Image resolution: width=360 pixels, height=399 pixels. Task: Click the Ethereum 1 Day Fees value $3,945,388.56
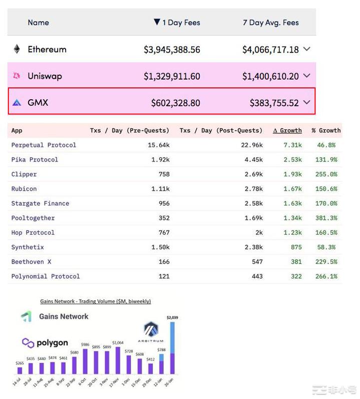(x=172, y=50)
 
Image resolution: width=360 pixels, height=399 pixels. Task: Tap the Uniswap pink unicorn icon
(x=17, y=76)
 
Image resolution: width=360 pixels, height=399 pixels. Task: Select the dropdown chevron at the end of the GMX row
(x=307, y=102)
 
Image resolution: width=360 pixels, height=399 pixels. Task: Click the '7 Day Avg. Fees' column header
(x=271, y=23)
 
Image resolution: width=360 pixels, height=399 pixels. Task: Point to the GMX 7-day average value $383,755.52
(x=274, y=103)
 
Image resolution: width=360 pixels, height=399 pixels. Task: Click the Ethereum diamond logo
(x=17, y=49)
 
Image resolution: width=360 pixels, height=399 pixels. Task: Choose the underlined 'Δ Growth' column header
(x=287, y=130)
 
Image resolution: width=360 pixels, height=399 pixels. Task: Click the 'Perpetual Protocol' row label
(x=44, y=145)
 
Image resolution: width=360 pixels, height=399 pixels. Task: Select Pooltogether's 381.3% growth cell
(x=326, y=218)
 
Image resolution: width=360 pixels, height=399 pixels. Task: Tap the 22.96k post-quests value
(x=252, y=145)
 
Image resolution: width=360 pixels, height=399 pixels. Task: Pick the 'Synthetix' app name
(x=28, y=247)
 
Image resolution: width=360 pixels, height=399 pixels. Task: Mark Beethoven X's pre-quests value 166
(x=163, y=262)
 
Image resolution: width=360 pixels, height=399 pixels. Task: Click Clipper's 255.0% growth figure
(x=326, y=174)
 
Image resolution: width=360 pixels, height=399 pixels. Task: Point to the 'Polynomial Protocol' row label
(x=46, y=276)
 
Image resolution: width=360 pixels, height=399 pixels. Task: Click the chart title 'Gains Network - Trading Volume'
(x=95, y=301)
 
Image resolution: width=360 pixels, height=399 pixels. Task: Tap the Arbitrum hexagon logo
(x=151, y=330)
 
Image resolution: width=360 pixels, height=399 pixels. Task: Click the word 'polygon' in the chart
(x=52, y=343)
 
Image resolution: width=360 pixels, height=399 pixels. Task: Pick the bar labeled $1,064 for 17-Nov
(x=118, y=360)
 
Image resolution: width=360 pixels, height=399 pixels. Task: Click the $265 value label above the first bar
(x=20, y=363)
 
